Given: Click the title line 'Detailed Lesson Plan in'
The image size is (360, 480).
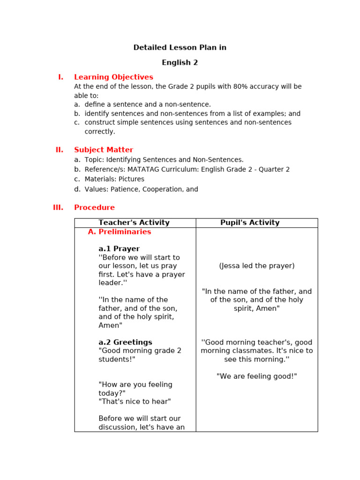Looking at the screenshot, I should click(180, 48).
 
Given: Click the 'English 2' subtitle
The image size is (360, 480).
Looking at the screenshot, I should click(180, 63).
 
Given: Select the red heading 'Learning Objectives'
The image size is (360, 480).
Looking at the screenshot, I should click(113, 77).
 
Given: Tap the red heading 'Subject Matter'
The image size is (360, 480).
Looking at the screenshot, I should click(103, 150).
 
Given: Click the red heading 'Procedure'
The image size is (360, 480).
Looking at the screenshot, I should click(94, 208).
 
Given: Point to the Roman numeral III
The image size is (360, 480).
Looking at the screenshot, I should click(58, 208).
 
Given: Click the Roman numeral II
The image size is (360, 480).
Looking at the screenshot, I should click(59, 150).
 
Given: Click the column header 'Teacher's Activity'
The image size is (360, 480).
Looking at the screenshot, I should click(134, 223).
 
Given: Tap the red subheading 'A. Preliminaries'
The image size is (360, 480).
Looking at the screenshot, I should click(120, 232).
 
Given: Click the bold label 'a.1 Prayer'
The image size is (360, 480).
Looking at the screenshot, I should click(119, 249).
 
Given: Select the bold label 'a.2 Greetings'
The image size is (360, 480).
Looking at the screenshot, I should click(125, 343).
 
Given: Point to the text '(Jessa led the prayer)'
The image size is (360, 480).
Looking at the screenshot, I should click(256, 266).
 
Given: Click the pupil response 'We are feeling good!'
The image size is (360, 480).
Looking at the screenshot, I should click(256, 376).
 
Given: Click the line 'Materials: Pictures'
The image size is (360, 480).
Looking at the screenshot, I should click(114, 180).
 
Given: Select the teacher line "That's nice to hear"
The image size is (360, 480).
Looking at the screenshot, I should click(135, 402).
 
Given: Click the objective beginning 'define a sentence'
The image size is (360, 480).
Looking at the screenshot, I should click(148, 105).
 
